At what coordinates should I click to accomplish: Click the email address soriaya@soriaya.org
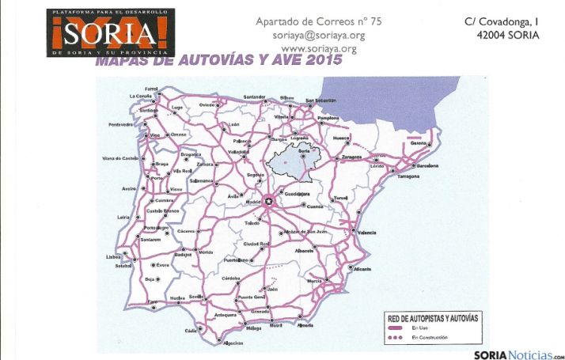pos(318,36)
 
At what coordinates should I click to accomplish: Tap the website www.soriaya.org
pos(318,48)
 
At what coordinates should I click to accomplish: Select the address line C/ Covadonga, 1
pos(502,22)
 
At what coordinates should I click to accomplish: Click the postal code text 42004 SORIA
pos(508,36)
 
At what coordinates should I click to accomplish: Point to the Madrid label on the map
pos(253,202)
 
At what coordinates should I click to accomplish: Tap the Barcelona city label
pos(427,166)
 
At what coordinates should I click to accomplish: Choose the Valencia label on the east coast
pos(366,233)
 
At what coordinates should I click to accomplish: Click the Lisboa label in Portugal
pos(114,256)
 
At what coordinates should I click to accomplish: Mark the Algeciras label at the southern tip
pos(233,343)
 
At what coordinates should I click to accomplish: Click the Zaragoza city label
pos(351,157)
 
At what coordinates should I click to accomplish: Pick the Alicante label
pos(363,269)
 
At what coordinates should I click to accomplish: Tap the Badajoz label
pos(184,255)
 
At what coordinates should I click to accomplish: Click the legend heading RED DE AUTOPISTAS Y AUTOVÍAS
pos(436,318)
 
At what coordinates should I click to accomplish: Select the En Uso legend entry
pos(419,328)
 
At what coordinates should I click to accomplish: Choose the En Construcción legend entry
pos(430,338)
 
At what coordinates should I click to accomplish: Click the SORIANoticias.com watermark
pos(518,354)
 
